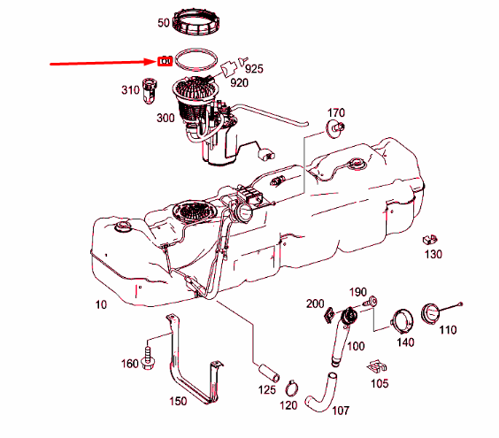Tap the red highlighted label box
pyautogui.click(x=165, y=61)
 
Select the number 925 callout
pyautogui.click(x=255, y=67)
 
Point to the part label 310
pyautogui.click(x=130, y=90)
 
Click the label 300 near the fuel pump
pyautogui.click(x=165, y=118)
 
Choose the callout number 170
pyautogui.click(x=335, y=113)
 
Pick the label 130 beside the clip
pyautogui.click(x=433, y=255)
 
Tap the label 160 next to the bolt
pyautogui.click(x=129, y=364)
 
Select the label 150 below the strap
pyautogui.click(x=178, y=402)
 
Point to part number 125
pyautogui.click(x=267, y=388)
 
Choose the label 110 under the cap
pyautogui.click(x=447, y=330)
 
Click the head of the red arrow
pyautogui.click(x=152, y=62)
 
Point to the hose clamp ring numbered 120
pyautogui.click(x=291, y=387)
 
